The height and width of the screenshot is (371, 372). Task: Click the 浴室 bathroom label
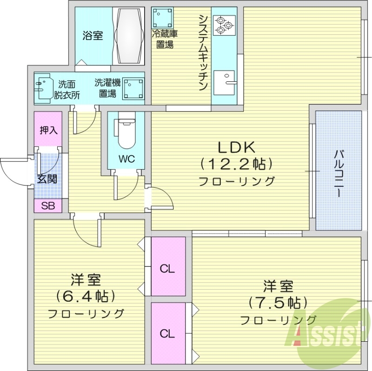[93, 36]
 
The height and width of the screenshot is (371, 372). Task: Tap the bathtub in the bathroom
[130, 36]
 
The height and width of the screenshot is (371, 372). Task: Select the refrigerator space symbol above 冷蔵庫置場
[162, 18]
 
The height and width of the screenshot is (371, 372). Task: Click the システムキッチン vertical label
[203, 52]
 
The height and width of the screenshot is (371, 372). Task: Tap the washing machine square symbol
[132, 88]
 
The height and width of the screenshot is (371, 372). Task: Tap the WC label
[126, 159]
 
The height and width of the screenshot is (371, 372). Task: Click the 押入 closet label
[48, 130]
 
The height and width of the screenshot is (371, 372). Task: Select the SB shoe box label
[47, 206]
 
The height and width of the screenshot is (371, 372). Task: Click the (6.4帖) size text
[86, 296]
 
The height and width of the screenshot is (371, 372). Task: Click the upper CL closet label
[167, 269]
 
